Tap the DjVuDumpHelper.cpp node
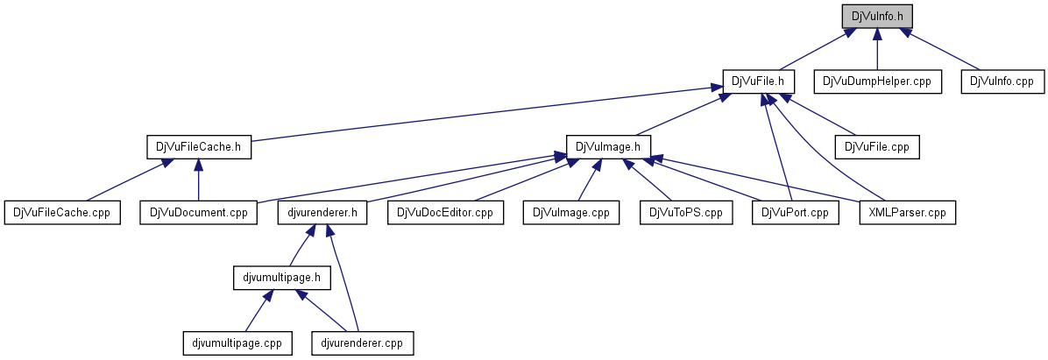(x=876, y=81)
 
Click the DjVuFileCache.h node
(x=198, y=146)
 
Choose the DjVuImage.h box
(x=608, y=146)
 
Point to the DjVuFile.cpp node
(x=877, y=146)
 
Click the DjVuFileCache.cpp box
(x=62, y=212)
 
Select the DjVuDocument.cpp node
(x=199, y=212)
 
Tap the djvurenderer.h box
(x=322, y=212)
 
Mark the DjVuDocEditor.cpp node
(x=446, y=212)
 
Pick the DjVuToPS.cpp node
(x=685, y=212)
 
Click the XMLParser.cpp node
(x=907, y=212)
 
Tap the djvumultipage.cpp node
(x=237, y=343)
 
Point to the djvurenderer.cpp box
(x=362, y=343)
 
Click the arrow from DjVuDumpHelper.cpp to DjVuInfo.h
(x=876, y=48)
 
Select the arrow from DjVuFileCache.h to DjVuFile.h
(x=482, y=113)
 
